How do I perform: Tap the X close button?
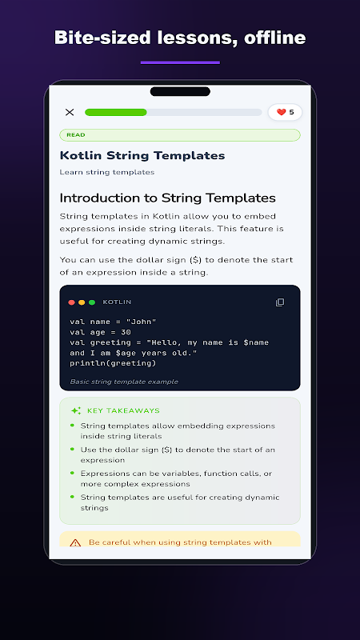[70, 112]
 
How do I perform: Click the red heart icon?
[282, 112]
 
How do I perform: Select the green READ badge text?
[76, 135]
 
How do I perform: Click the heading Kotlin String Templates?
[142, 155]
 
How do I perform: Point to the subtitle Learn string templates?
[107, 172]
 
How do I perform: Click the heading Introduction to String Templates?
[168, 198]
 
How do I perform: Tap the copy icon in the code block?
[280, 302]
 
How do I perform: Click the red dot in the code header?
[71, 302]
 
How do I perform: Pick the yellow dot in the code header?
[82, 302]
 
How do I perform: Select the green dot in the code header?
[92, 302]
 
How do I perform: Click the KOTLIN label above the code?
[117, 302]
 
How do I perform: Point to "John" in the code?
[142, 322]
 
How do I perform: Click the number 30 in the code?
[126, 332]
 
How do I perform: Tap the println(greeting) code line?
[113, 363]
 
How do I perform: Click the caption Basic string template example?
[124, 382]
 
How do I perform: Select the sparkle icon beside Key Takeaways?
[76, 411]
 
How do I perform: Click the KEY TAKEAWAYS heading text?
[124, 411]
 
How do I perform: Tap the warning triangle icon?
[75, 543]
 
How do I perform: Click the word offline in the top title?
[275, 38]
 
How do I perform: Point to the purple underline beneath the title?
[180, 62]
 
